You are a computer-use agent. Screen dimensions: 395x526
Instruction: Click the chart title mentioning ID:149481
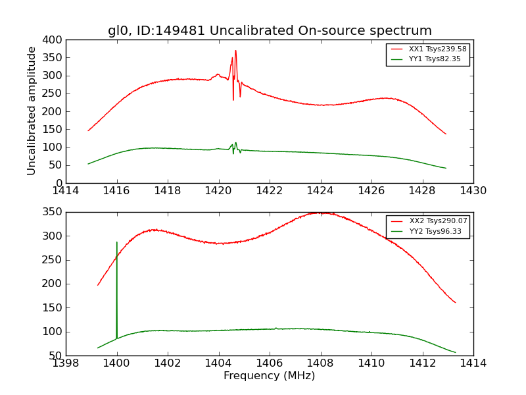click(x=270, y=31)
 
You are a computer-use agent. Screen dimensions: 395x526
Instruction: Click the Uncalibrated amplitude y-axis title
click(x=32, y=111)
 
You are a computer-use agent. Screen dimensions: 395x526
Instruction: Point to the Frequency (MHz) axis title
click(x=270, y=376)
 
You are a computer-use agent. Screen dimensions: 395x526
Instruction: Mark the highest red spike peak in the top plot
click(x=235, y=51)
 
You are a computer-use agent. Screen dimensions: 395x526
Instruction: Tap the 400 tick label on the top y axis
click(x=54, y=40)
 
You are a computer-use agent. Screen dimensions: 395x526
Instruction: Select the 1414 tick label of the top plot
click(x=66, y=192)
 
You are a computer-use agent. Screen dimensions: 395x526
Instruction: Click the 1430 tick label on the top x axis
click(x=473, y=192)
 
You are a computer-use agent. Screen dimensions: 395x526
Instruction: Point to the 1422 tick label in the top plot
click(x=270, y=192)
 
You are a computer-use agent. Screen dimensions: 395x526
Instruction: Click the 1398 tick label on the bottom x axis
click(x=66, y=364)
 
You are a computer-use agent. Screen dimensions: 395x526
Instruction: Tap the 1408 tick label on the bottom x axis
click(x=320, y=364)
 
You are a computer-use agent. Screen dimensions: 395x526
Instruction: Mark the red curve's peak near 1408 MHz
click(x=320, y=213)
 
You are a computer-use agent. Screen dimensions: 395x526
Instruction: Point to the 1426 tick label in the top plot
click(x=371, y=192)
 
